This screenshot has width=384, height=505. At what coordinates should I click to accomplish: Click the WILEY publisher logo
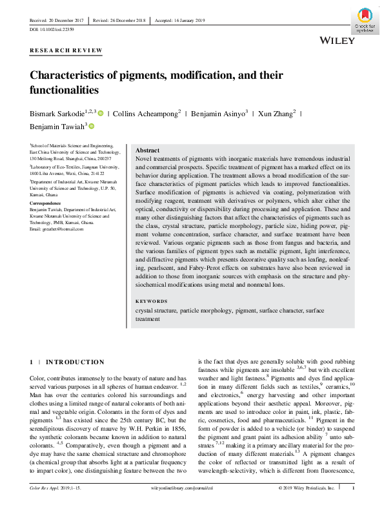[337, 40]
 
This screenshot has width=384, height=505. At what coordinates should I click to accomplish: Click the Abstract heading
[148, 150]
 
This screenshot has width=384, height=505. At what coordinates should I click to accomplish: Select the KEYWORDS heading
[152, 302]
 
